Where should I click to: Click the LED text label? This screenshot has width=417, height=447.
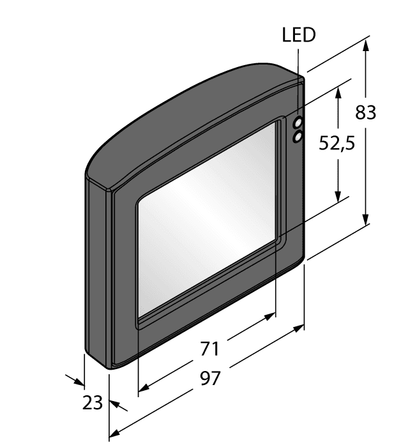(299, 34)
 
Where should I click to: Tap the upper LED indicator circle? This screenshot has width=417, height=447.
(298, 123)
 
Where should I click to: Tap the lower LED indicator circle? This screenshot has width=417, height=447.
(298, 137)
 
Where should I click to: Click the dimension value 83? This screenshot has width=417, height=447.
(366, 112)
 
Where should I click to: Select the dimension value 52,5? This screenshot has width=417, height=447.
(337, 143)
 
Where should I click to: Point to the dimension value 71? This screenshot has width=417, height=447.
(209, 349)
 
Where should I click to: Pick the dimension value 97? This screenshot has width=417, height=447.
(210, 378)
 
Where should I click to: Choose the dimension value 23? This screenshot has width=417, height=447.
(92, 403)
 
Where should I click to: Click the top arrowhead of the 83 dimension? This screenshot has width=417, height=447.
(367, 45)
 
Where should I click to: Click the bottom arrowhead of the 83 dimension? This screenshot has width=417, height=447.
(367, 219)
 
